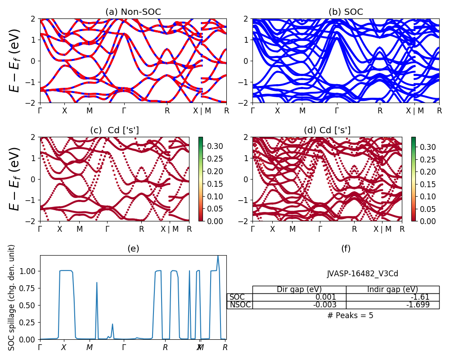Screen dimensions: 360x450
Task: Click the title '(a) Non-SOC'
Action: click(x=133, y=12)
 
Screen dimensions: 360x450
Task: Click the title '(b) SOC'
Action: click(x=346, y=12)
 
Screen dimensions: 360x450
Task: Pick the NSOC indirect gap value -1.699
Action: click(x=419, y=305)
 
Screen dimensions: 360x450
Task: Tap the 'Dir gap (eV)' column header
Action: click(x=299, y=289)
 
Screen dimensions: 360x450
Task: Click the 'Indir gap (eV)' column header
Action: click(x=392, y=289)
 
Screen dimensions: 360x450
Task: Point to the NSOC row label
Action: click(x=239, y=305)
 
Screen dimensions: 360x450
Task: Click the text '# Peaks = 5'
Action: click(x=350, y=315)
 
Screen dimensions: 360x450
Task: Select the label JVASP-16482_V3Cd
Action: click(x=362, y=274)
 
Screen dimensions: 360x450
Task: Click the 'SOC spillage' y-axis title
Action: click(x=12, y=297)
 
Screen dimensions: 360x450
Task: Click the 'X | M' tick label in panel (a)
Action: click(x=201, y=110)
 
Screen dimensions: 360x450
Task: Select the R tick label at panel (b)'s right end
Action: click(x=439, y=110)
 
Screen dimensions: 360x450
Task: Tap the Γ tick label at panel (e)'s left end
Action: click(x=40, y=347)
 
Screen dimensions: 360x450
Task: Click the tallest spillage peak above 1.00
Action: click(x=218, y=256)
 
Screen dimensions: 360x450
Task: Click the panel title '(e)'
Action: click(x=133, y=248)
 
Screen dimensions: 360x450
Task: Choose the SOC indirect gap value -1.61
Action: click(x=421, y=297)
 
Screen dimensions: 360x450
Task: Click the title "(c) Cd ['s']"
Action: click(x=114, y=130)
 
